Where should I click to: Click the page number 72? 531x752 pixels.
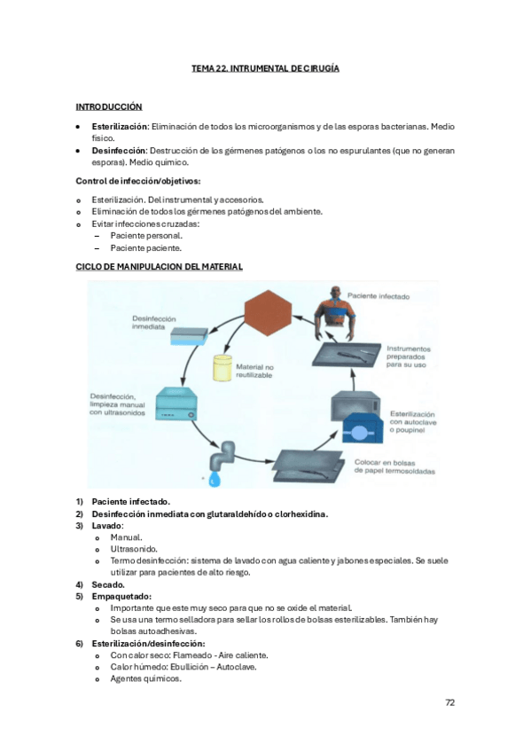(x=450, y=702)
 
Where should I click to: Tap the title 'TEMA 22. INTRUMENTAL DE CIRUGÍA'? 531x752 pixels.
(x=265, y=68)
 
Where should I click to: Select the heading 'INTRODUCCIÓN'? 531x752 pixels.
(x=109, y=106)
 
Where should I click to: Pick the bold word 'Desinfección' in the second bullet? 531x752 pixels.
(x=118, y=151)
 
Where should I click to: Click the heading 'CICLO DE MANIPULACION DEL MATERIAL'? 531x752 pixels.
(x=159, y=266)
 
